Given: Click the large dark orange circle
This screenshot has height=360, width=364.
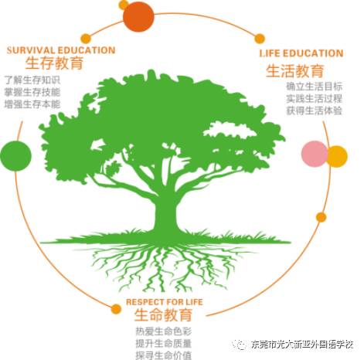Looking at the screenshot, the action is (138, 16).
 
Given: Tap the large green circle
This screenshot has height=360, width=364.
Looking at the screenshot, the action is (15, 156).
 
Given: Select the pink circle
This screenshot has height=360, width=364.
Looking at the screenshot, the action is (315, 154).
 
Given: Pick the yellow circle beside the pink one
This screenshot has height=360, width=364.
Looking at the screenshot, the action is (338, 157).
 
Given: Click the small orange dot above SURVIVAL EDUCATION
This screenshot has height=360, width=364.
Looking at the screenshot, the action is (86, 39).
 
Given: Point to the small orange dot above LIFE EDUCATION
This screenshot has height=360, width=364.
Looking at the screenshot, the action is (260, 39).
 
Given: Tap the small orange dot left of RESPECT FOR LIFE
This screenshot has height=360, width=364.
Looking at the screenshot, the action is (116, 309).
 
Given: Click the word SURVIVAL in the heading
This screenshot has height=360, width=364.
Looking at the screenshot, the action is (31, 50).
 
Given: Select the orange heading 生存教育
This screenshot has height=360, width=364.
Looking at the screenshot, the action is (55, 63).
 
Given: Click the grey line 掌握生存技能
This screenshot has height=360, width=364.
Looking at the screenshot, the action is (32, 92).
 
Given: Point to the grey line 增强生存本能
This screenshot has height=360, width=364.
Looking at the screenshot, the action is (32, 104).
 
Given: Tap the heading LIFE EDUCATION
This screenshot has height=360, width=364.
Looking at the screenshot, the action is (301, 53).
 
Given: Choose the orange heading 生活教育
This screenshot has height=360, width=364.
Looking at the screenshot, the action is (295, 71).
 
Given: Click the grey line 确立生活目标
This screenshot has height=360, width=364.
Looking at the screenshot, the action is (315, 87).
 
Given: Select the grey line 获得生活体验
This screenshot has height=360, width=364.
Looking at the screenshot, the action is (315, 110).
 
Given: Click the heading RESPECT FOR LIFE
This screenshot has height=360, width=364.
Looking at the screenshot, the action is (165, 302).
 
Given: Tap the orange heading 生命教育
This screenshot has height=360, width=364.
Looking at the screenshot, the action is (163, 314).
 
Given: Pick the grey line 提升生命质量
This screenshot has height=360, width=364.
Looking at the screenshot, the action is (164, 343).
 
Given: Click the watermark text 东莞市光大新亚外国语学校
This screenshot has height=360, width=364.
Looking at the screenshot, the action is (302, 345).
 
